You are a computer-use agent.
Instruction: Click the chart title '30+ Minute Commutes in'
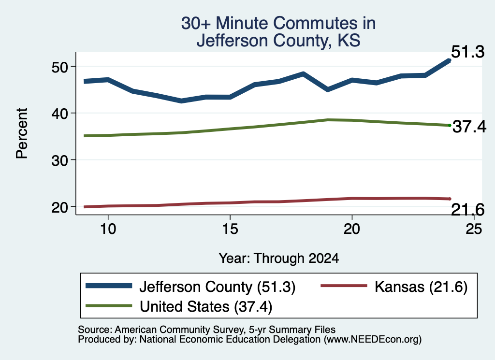[278, 23]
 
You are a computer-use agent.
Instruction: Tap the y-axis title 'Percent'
[22, 133]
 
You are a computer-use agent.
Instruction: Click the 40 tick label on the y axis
[59, 114]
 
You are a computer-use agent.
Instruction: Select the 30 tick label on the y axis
[59, 160]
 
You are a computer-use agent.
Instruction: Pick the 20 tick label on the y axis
[59, 207]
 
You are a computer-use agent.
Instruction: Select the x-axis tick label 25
[474, 229]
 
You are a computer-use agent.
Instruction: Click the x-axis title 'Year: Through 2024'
[279, 259]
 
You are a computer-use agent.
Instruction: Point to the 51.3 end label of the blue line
[467, 52]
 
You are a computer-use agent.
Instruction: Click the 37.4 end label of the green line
[469, 127]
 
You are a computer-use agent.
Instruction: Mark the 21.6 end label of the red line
[467, 210]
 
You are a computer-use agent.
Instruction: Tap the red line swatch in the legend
[344, 286]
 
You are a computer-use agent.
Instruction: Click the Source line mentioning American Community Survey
[206, 330]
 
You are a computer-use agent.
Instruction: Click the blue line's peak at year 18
[303, 74]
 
